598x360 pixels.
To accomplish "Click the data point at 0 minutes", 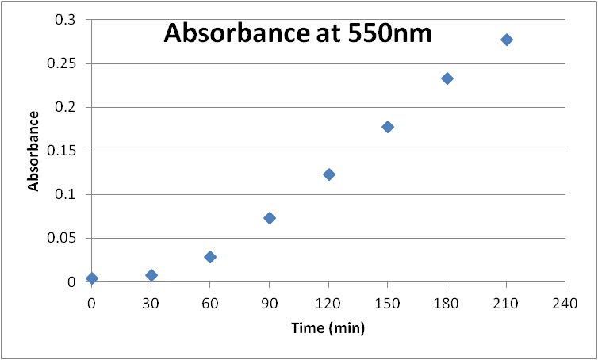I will (x=92, y=278).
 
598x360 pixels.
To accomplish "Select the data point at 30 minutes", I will (x=151, y=275).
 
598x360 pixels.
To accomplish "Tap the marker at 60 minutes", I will (x=210, y=257).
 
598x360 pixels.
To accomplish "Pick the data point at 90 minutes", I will (x=270, y=218).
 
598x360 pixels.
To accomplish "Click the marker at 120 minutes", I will (x=329, y=174).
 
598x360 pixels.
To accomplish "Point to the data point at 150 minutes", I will (x=388, y=127).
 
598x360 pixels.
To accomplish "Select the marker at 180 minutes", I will (x=447, y=79).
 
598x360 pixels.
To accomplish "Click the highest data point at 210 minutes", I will (x=507, y=40).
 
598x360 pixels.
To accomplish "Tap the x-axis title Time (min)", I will (x=328, y=327).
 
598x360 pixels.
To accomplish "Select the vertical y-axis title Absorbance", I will (x=34, y=151).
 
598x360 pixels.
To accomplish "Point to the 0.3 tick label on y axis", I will (x=65, y=20).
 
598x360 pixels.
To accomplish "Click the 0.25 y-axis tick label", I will (x=62, y=63).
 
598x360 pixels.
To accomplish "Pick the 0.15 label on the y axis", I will (x=62, y=151).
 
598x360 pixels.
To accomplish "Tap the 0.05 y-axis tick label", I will (x=62, y=238).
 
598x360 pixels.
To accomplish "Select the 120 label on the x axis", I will (x=329, y=302).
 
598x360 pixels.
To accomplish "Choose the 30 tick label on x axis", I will (x=151, y=302).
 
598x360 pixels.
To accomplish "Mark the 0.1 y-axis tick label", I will (x=65, y=194).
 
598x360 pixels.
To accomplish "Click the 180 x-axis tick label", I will (x=447, y=302).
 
